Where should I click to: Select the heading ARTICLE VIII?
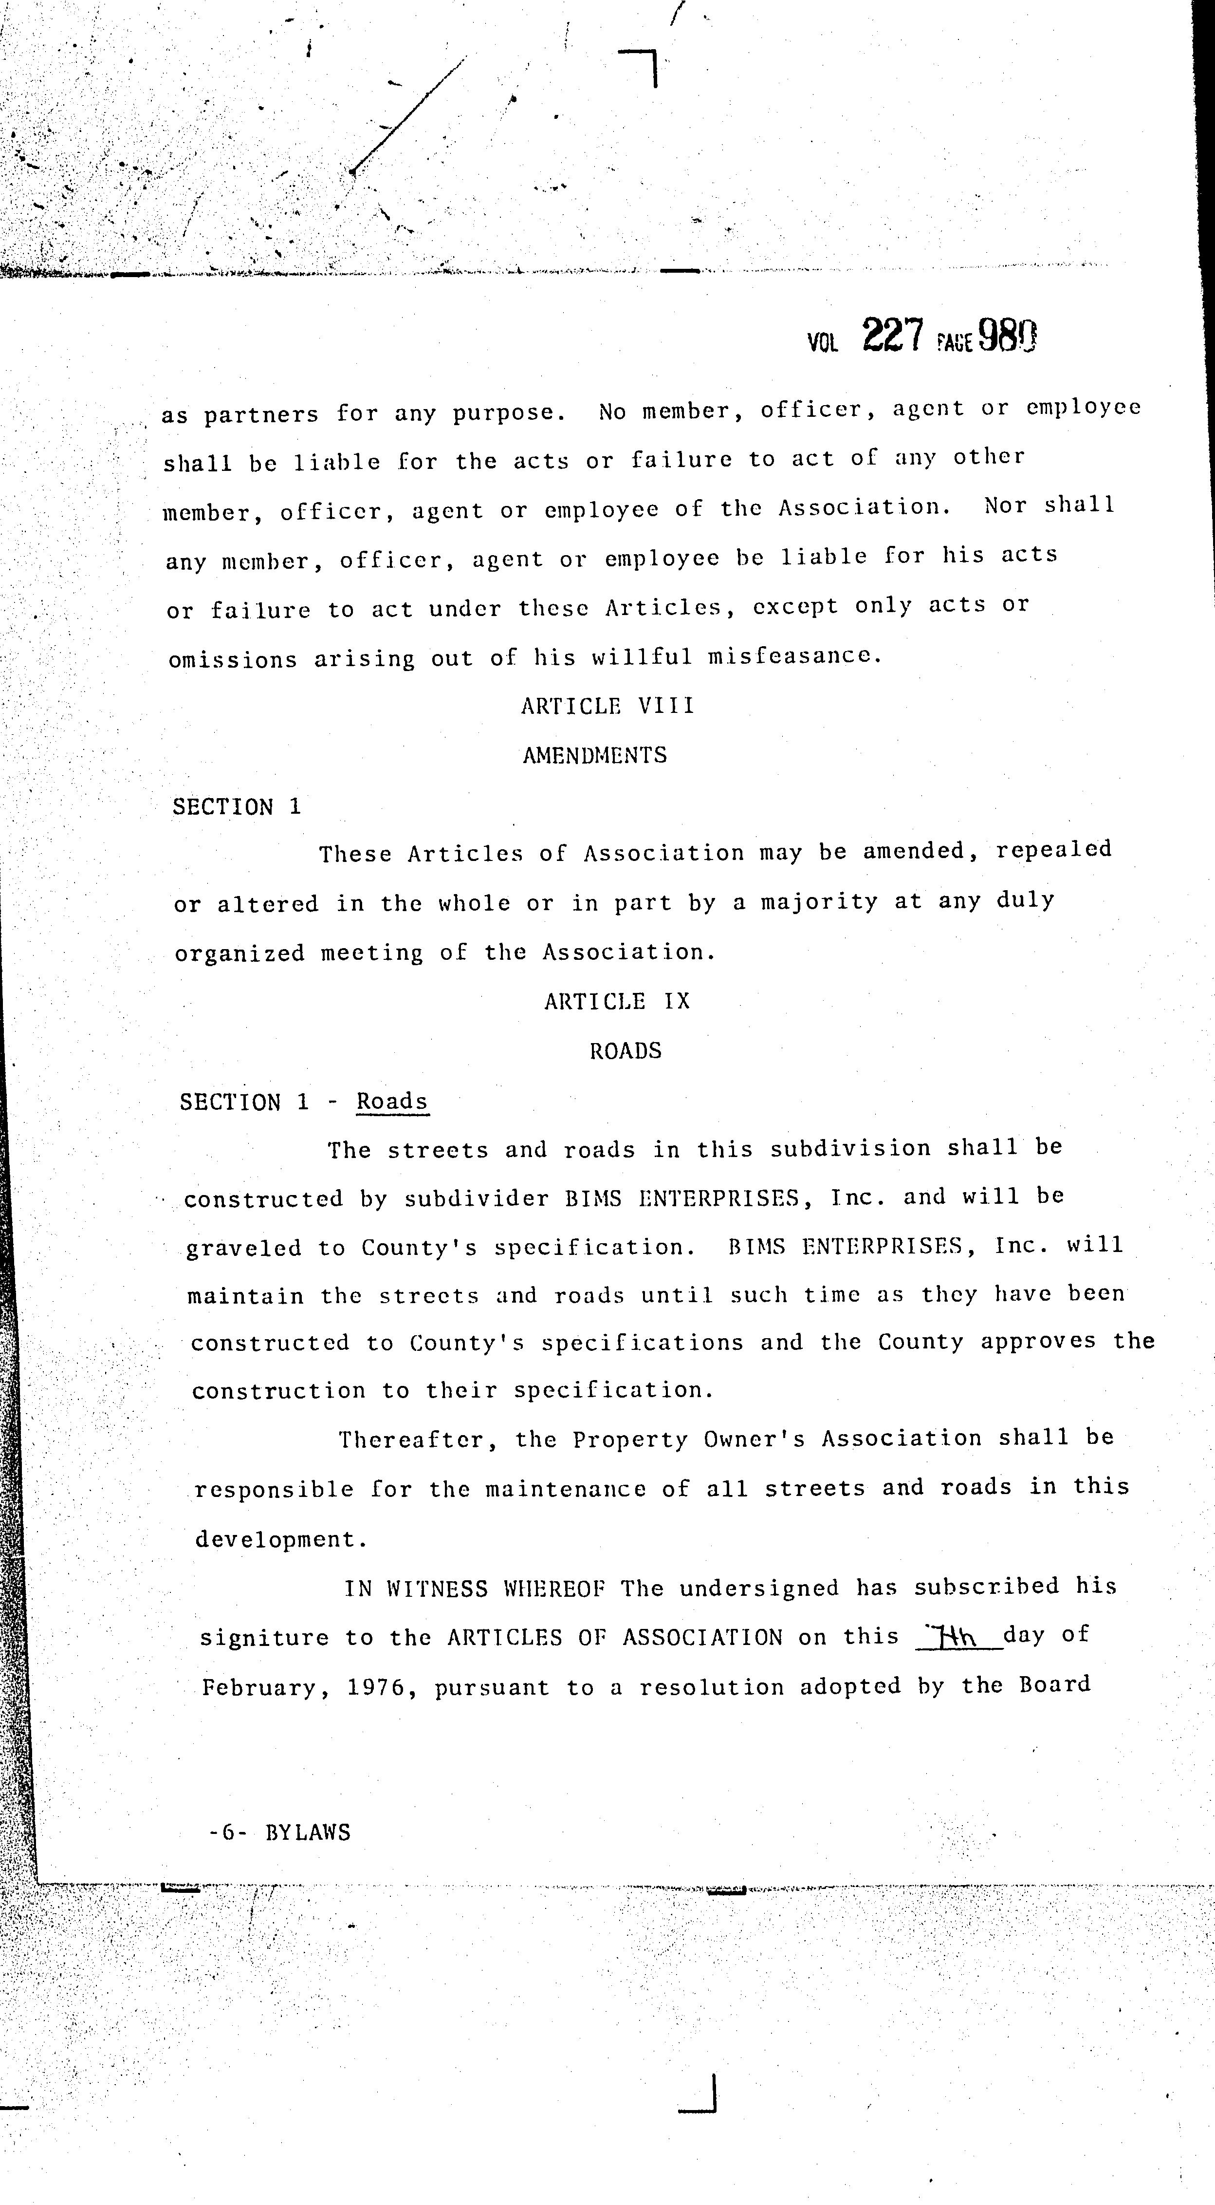(x=607, y=706)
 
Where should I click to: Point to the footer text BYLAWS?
(x=308, y=1832)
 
